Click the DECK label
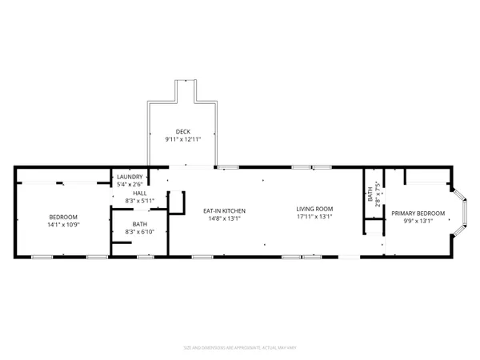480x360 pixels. (182, 131)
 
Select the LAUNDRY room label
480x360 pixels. (130, 177)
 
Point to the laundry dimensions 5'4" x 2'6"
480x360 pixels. (130, 184)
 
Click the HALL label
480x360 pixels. (140, 194)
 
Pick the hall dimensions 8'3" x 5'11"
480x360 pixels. (140, 201)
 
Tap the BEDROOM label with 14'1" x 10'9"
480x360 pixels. (63, 218)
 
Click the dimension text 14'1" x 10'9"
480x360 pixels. (63, 225)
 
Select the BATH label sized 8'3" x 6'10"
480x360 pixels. (140, 224)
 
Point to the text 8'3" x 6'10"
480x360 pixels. (140, 231)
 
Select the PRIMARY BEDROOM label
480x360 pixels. (418, 214)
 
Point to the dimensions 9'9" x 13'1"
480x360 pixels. (418, 221)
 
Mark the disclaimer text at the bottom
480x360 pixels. (239, 348)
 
